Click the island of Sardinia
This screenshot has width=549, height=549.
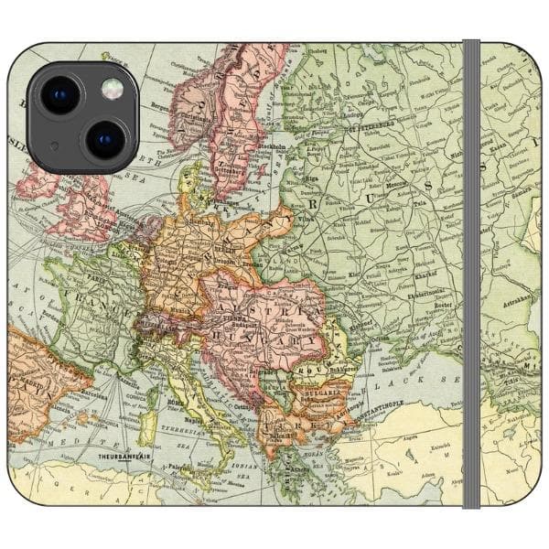(145, 426)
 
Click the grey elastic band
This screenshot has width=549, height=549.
(471, 274)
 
